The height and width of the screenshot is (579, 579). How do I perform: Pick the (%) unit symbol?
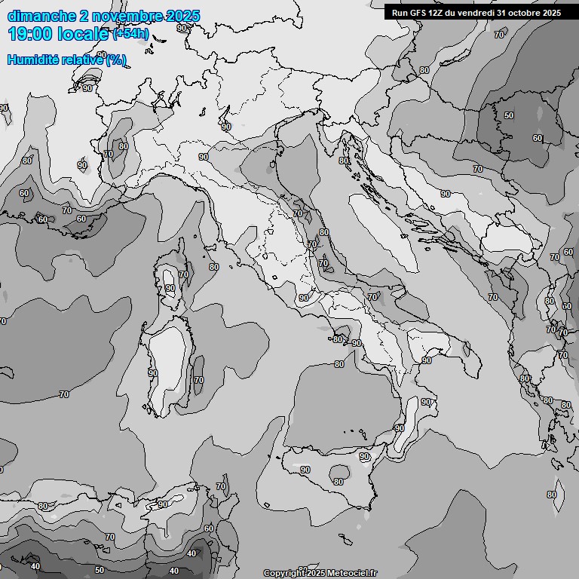[116, 60]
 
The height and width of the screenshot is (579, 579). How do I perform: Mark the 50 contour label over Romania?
[509, 115]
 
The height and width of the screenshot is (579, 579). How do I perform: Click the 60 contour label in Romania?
[538, 138]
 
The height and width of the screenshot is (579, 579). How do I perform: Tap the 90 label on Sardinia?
[153, 373]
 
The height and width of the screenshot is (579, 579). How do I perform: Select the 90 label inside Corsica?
[170, 288]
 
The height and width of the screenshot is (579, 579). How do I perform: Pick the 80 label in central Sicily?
[339, 482]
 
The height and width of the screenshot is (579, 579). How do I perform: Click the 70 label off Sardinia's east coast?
[199, 381]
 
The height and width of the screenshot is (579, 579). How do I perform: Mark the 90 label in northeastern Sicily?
[364, 457]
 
